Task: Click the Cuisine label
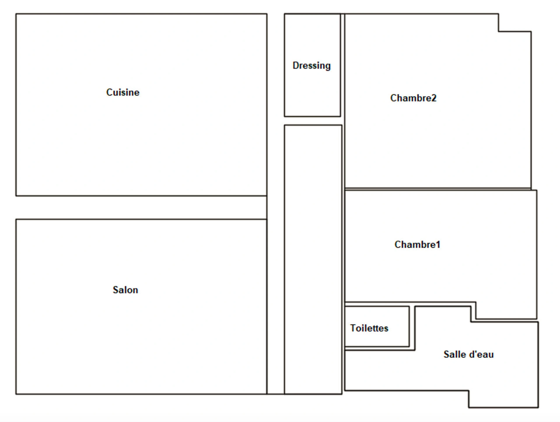coord(123,92)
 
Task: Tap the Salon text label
coord(125,290)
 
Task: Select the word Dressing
coord(311,66)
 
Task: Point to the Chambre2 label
coord(413,98)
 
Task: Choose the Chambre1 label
coord(417,245)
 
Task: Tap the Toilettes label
coord(369,328)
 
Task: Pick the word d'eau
coord(480,354)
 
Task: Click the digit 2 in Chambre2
coord(434,98)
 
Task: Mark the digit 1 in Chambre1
coord(438,245)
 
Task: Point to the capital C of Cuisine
coord(109,92)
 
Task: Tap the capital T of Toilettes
coord(353,328)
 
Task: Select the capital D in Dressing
coord(296,66)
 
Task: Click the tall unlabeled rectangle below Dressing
coord(313,260)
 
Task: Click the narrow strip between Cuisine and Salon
coord(141,208)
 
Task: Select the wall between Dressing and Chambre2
coord(342,65)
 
